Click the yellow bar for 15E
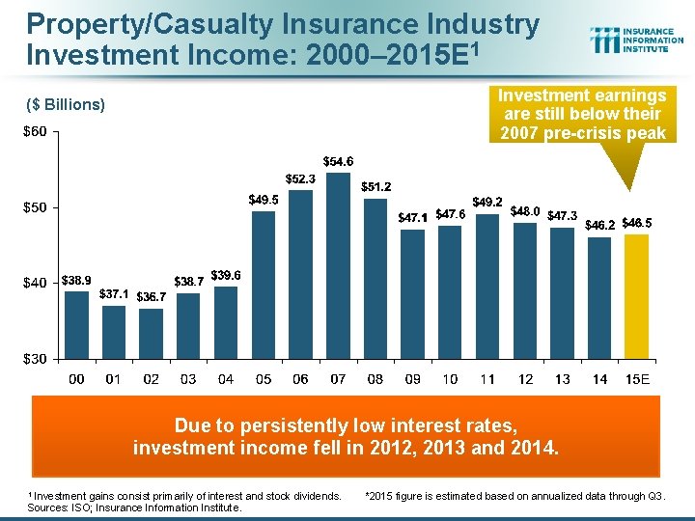point(637,295)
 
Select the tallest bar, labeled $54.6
point(338,264)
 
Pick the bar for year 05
point(264,284)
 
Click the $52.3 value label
point(299,178)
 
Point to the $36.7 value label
point(152,296)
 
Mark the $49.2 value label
point(487,202)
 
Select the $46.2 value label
point(601,224)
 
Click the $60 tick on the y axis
point(37,131)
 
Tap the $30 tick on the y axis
point(37,359)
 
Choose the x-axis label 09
point(413,379)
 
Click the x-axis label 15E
point(637,379)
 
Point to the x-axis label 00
point(75,379)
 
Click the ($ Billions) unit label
point(66,104)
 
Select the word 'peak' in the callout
point(644,132)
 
